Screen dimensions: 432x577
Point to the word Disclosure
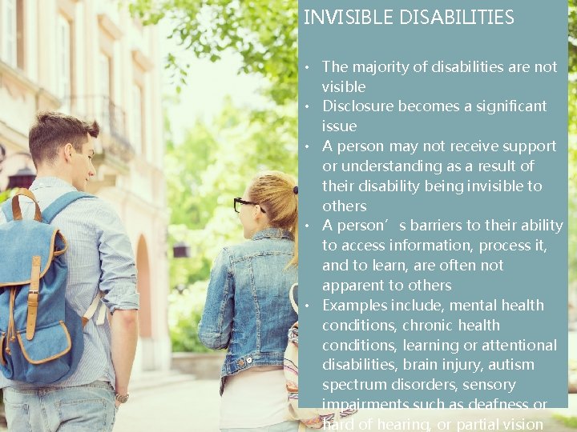359,106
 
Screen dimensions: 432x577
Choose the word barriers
434,226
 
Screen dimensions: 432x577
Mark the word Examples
353,306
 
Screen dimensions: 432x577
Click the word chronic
426,326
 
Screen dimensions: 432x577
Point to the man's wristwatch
122,397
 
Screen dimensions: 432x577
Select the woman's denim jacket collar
268,237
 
